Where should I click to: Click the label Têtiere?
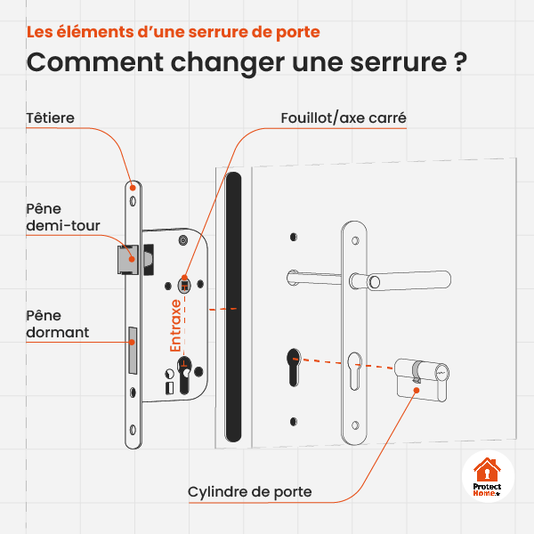tap(51, 117)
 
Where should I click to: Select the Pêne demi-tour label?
tap(62, 217)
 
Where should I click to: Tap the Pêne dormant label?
tap(57, 324)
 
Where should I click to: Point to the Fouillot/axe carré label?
tap(344, 117)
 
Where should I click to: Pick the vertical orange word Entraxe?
tap(176, 324)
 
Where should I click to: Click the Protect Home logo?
tap(488, 477)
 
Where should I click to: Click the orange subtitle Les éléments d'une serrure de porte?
tap(174, 31)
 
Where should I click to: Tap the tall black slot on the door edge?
tap(233, 307)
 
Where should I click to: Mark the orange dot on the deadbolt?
tap(133, 339)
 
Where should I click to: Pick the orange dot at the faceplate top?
tap(133, 188)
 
